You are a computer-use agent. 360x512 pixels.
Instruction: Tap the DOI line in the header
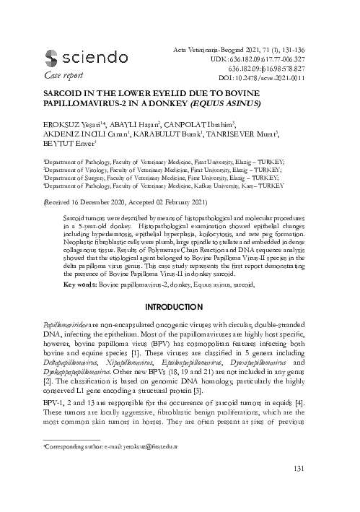(276, 77)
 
